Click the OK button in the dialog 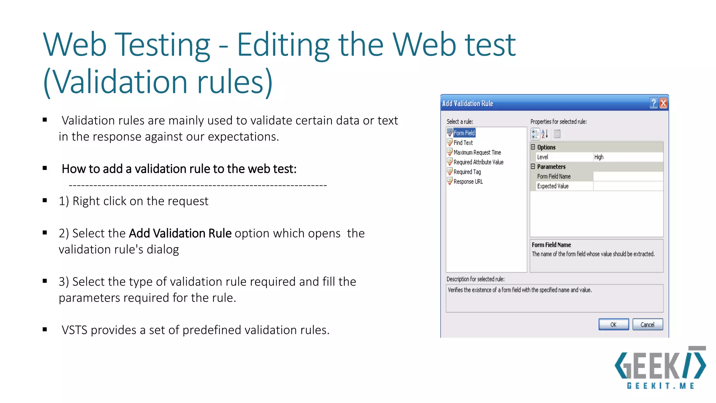tap(613, 324)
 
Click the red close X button tap(663, 103)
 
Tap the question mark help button tap(653, 103)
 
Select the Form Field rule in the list tap(464, 133)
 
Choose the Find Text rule tap(463, 143)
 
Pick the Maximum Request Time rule tap(477, 153)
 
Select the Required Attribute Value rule tap(478, 162)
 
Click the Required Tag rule tap(467, 172)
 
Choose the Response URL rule tap(468, 182)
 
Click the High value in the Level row tap(599, 157)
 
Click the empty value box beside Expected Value tap(628, 186)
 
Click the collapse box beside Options tap(533, 147)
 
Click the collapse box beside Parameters tap(533, 167)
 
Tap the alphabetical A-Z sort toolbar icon tap(545, 134)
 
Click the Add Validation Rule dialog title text tap(467, 104)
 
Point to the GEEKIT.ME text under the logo tap(660, 386)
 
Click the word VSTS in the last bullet tap(74, 330)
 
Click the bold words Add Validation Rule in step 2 tap(180, 233)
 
